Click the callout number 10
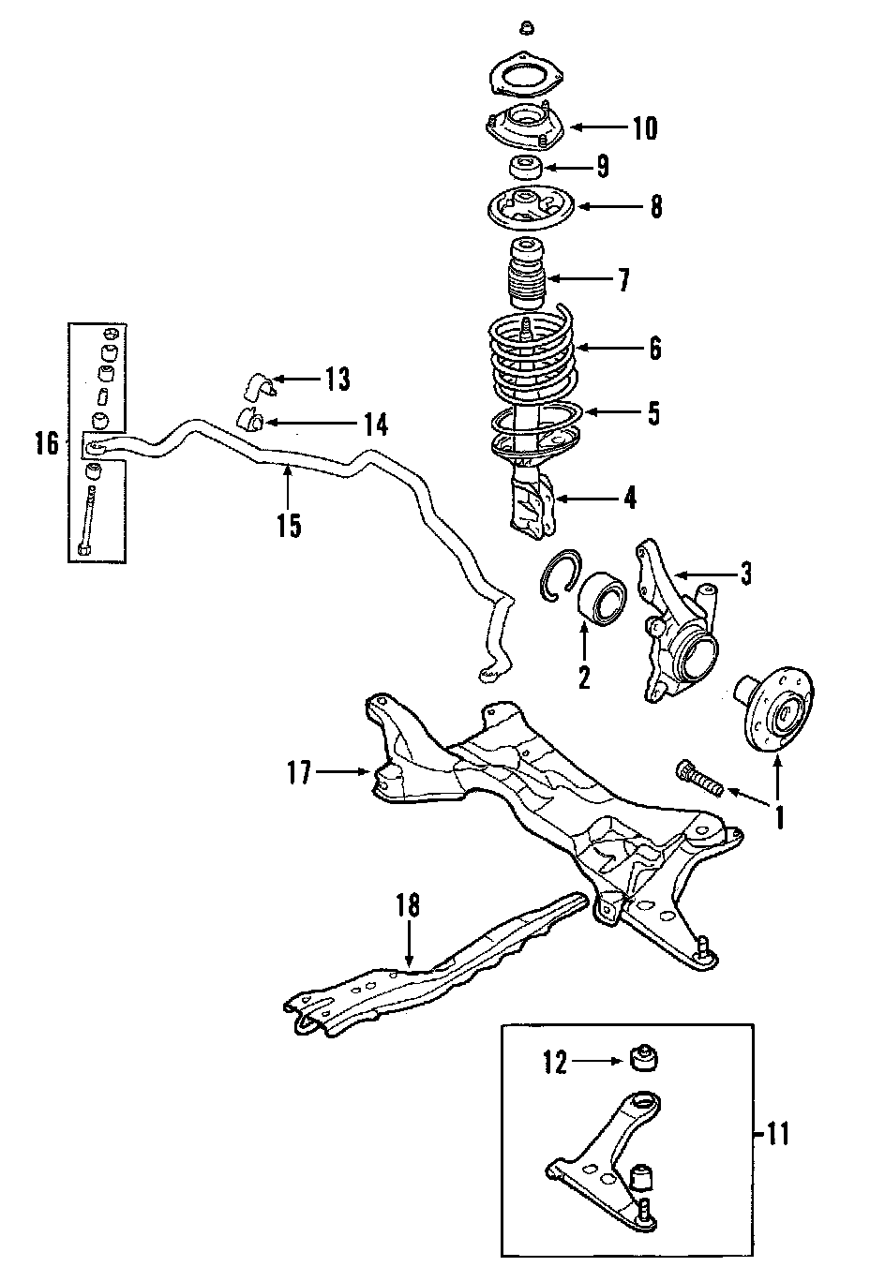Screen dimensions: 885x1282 pos(645,127)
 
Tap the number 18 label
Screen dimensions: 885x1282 pos(408,905)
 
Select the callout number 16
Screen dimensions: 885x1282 pos(48,443)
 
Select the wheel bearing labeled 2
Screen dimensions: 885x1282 pos(602,605)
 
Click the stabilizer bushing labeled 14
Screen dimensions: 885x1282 pos(249,423)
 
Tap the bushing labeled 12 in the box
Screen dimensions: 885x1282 pos(644,1058)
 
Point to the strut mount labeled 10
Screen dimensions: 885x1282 pos(525,127)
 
